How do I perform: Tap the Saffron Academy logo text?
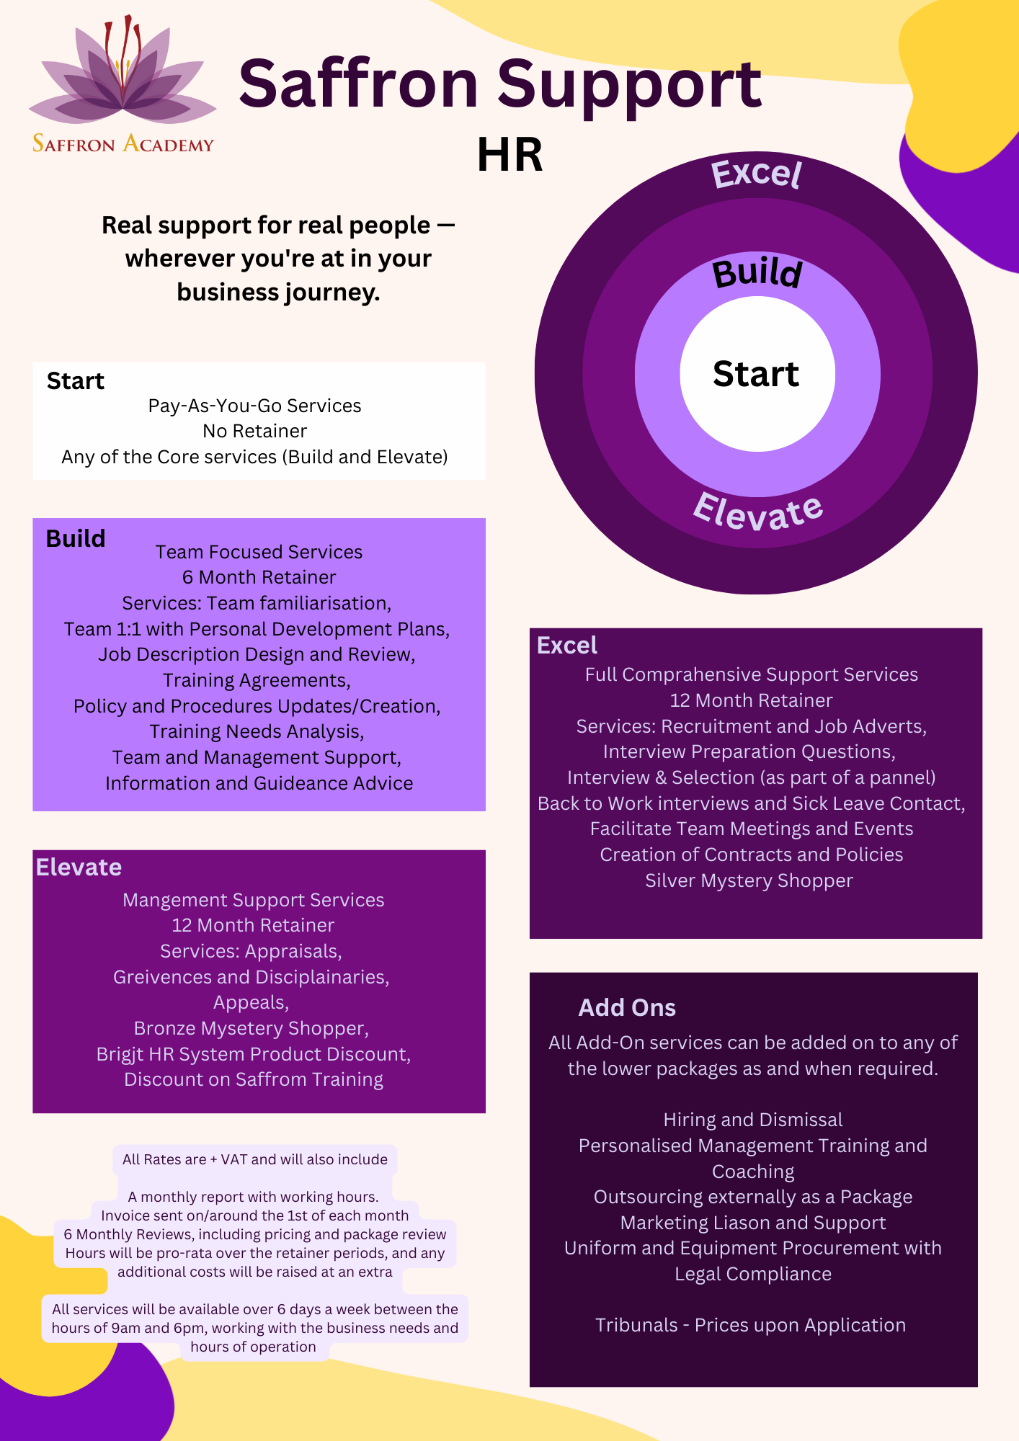click(123, 143)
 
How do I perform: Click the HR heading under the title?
click(509, 154)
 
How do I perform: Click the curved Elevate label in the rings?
click(757, 512)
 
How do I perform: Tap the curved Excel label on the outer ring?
click(756, 174)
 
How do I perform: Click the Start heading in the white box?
click(76, 380)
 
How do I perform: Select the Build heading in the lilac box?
click(76, 538)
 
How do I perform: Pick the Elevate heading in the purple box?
click(79, 867)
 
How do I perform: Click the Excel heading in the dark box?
click(567, 645)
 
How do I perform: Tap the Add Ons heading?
click(627, 1007)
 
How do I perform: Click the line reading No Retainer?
click(255, 431)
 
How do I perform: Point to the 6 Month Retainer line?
click(259, 577)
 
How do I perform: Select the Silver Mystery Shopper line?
click(749, 880)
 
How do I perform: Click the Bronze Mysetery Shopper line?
click(252, 1028)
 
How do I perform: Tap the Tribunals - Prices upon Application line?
click(750, 1325)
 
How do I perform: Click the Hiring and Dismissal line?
click(753, 1120)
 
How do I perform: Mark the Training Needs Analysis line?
click(257, 731)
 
